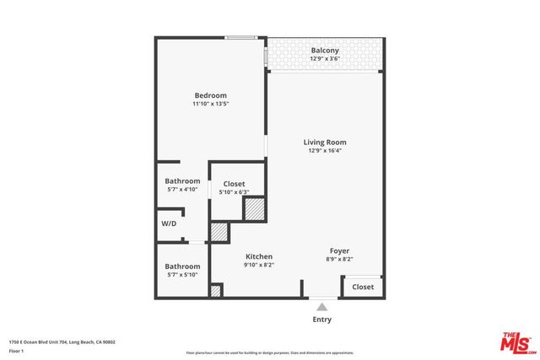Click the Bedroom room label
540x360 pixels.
[210, 95]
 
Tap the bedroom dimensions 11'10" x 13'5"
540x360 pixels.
[210, 105]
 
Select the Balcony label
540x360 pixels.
[325, 51]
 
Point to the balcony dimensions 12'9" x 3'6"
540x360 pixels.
[325, 59]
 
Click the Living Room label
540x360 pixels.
[325, 142]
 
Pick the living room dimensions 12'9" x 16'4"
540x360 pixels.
[325, 152]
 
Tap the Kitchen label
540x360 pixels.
[259, 256]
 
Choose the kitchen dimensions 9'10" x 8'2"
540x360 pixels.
[259, 265]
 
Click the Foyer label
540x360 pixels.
[339, 250]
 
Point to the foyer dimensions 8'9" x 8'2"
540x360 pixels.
[339, 259]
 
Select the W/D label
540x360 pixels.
[169, 223]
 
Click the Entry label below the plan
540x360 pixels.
[321, 320]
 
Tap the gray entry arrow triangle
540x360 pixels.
[321, 307]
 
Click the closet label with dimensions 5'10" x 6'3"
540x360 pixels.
[234, 184]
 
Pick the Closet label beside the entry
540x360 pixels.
[363, 287]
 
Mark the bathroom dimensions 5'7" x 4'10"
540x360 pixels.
[182, 190]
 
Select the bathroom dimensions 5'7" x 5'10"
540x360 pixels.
[182, 275]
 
